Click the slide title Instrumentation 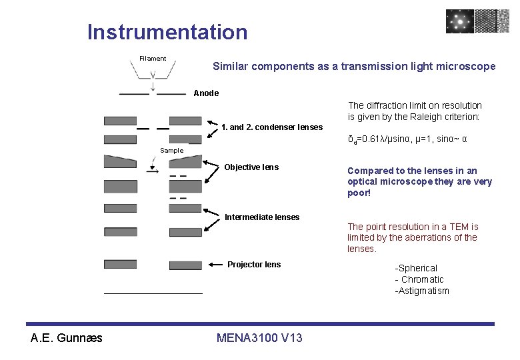167,32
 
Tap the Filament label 153,59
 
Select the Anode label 206,93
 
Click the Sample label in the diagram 171,151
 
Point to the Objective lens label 251,167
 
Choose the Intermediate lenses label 262,217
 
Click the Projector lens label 254,265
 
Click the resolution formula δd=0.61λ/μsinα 379,140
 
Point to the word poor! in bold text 359,193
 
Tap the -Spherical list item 416,268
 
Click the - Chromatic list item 419,279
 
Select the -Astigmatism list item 422,291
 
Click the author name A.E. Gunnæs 67,338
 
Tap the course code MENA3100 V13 259,338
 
